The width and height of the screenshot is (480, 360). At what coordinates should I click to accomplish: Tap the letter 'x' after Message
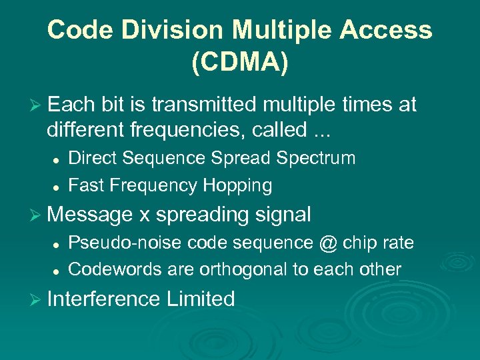coord(145,215)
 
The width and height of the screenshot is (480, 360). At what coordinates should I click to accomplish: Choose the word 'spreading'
coord(201,215)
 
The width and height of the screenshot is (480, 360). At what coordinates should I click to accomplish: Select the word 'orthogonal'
coord(247,269)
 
